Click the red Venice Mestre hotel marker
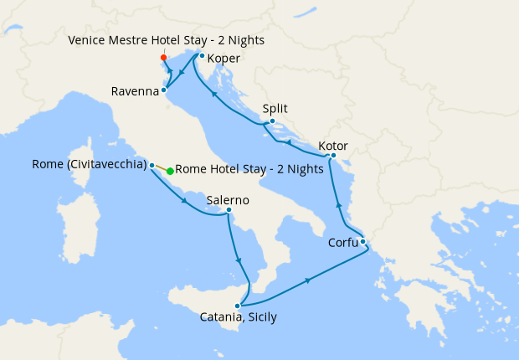click(x=163, y=57)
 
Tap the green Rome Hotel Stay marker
click(x=170, y=171)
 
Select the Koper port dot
click(x=202, y=56)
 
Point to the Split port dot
click(x=272, y=121)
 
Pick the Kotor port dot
click(x=333, y=155)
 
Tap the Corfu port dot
click(x=362, y=242)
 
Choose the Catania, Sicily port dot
click(x=238, y=306)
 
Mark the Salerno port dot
click(x=229, y=210)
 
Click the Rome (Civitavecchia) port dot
click(x=152, y=166)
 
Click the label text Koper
click(x=224, y=59)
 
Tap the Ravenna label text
click(x=134, y=91)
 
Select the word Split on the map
click(x=275, y=108)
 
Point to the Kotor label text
click(x=332, y=146)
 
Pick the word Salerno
click(x=229, y=200)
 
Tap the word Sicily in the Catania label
click(x=258, y=317)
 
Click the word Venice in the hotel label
click(x=86, y=40)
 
